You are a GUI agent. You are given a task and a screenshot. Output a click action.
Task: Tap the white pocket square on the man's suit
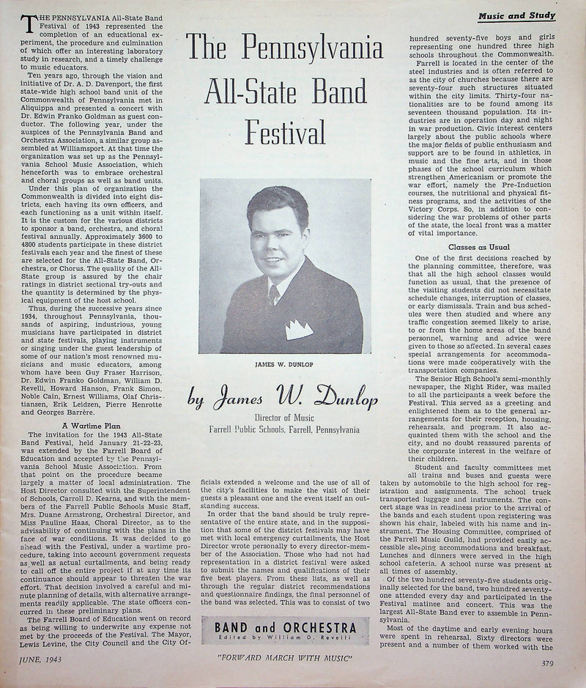299,329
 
